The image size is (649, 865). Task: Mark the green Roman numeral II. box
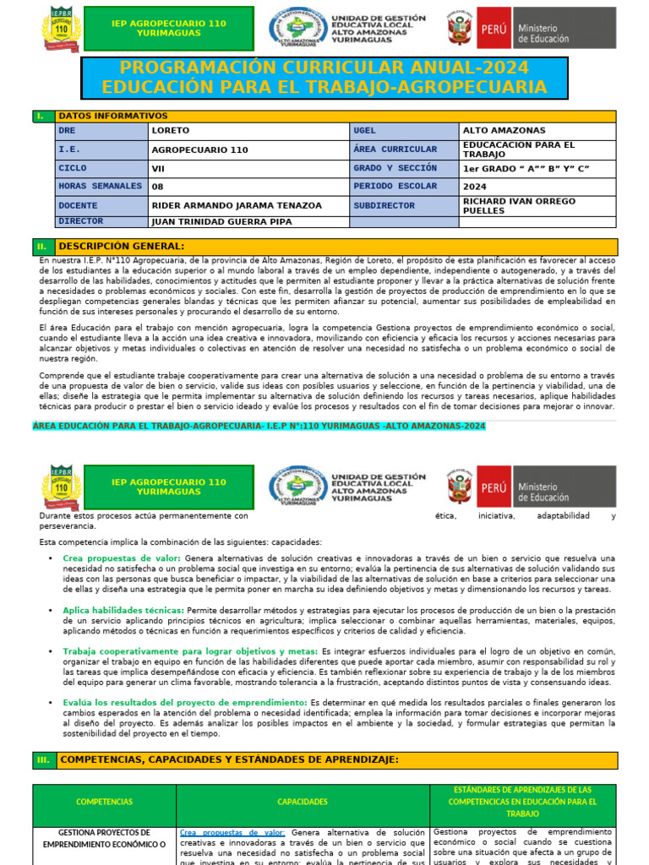point(43,247)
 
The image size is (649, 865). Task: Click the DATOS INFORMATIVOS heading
point(112,116)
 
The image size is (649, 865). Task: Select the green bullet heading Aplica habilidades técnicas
point(123,610)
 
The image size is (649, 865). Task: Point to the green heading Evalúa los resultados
point(184,703)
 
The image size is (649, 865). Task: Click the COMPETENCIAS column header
point(104,802)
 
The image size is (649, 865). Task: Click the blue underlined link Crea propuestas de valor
point(232,832)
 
